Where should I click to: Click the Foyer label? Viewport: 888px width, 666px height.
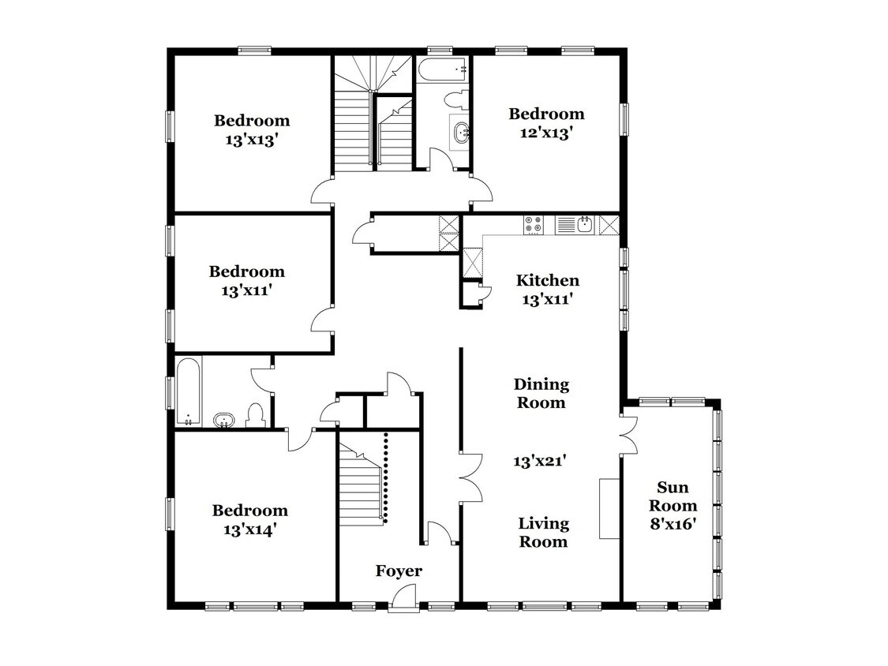pos(399,571)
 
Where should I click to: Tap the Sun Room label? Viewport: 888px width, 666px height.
pos(673,496)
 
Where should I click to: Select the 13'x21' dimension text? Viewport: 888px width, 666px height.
pos(540,461)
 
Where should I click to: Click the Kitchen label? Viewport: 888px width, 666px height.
pos(548,280)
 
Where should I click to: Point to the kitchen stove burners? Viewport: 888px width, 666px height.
pos(533,225)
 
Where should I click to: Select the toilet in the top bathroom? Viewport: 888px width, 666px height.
pos(456,100)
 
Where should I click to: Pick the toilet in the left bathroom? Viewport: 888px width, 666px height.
pos(256,416)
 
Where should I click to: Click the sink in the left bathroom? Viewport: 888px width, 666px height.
pos(224,421)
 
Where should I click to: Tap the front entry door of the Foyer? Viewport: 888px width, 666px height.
pos(404,599)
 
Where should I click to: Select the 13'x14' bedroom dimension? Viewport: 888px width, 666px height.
pos(249,530)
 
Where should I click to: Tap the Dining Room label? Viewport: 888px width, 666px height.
pos(541,393)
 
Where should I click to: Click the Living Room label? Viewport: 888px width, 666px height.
pos(543,533)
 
